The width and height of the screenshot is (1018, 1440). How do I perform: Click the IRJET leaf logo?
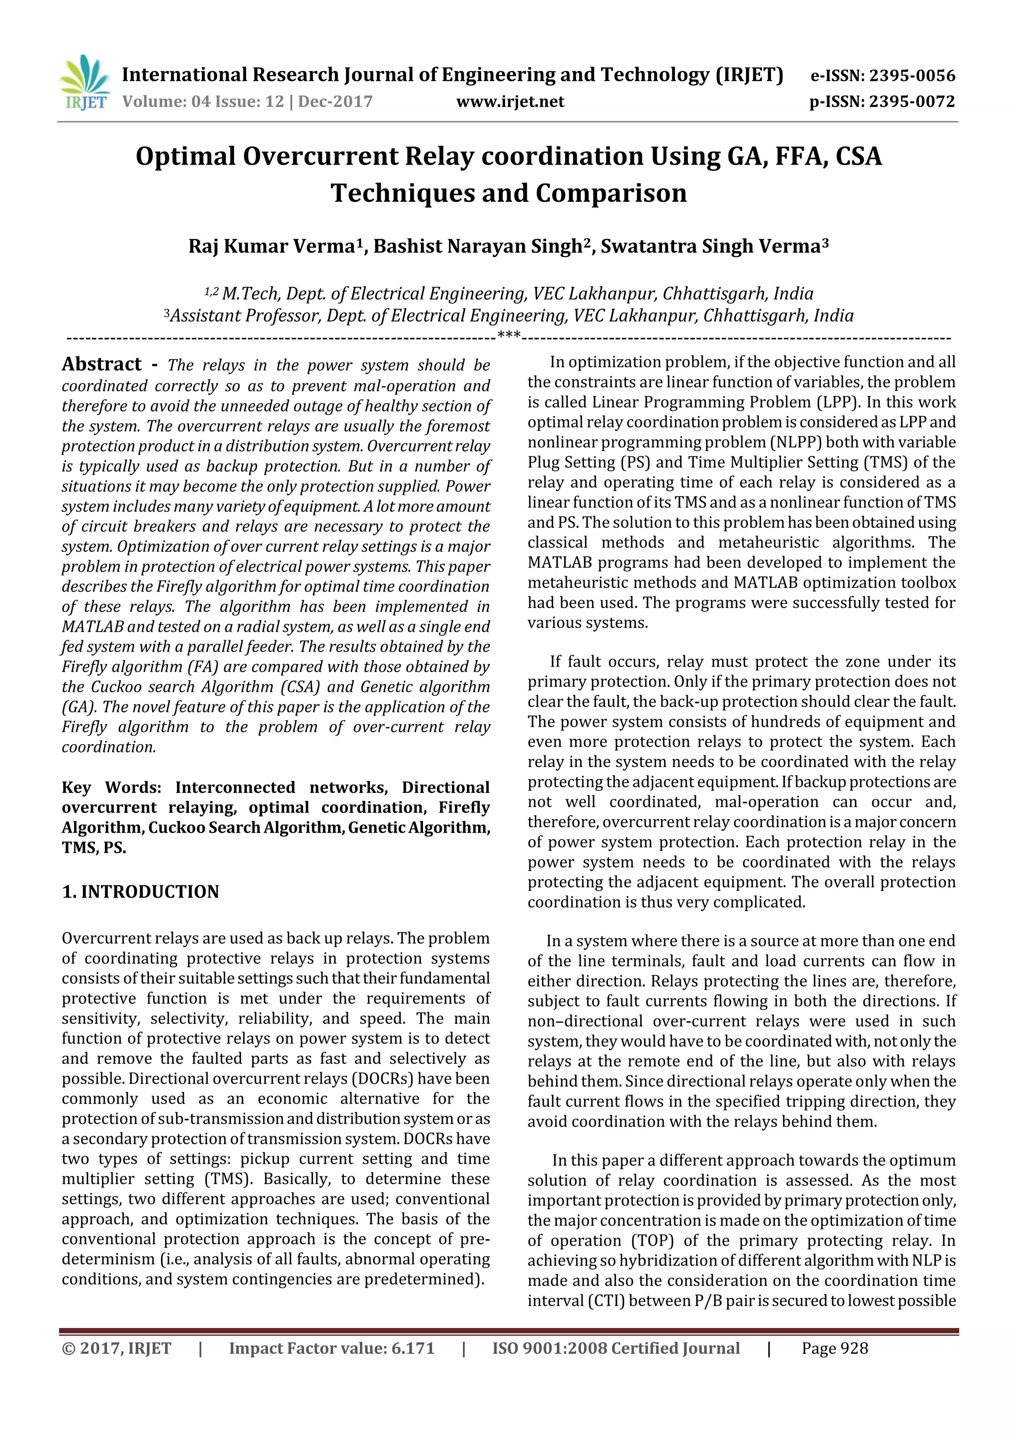click(85, 82)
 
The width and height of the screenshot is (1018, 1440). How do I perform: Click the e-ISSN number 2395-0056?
click(912, 77)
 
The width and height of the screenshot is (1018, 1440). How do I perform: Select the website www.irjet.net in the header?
click(510, 101)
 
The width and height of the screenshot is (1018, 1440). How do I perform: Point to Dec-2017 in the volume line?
click(336, 101)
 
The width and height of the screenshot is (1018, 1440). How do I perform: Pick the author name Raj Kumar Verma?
click(271, 247)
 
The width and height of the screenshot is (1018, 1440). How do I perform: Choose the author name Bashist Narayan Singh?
click(478, 247)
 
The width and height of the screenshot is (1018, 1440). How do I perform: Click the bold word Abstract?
click(101, 364)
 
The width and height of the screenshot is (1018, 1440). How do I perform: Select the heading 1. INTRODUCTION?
click(141, 892)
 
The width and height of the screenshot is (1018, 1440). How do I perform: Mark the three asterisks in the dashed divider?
click(509, 336)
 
